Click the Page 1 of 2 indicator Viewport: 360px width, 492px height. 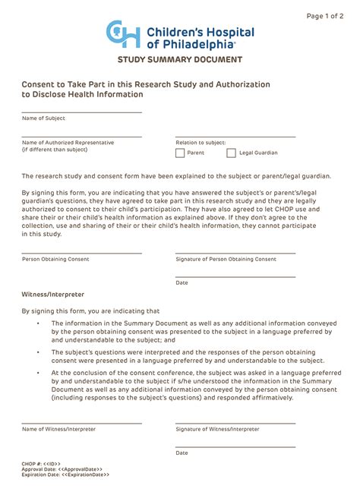tap(324, 16)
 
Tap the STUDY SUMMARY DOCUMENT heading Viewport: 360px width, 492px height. tap(180, 59)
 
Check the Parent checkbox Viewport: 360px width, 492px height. tap(180, 153)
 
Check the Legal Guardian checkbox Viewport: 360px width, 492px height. tap(232, 153)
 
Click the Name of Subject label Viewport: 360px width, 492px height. tap(43, 118)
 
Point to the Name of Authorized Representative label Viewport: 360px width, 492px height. tap(68, 142)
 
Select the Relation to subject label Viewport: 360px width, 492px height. tap(201, 142)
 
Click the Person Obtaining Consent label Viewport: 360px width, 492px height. tap(55, 259)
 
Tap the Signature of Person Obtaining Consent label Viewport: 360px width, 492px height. tap(226, 259)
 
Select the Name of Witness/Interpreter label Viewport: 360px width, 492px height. tap(59, 429)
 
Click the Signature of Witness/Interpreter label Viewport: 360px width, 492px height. tap(217, 429)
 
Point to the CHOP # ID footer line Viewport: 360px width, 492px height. tap(41, 462)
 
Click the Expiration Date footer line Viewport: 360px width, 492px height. tap(65, 475)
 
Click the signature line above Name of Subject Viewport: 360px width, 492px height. tap(82, 112)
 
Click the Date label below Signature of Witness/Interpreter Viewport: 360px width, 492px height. tap(182, 453)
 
